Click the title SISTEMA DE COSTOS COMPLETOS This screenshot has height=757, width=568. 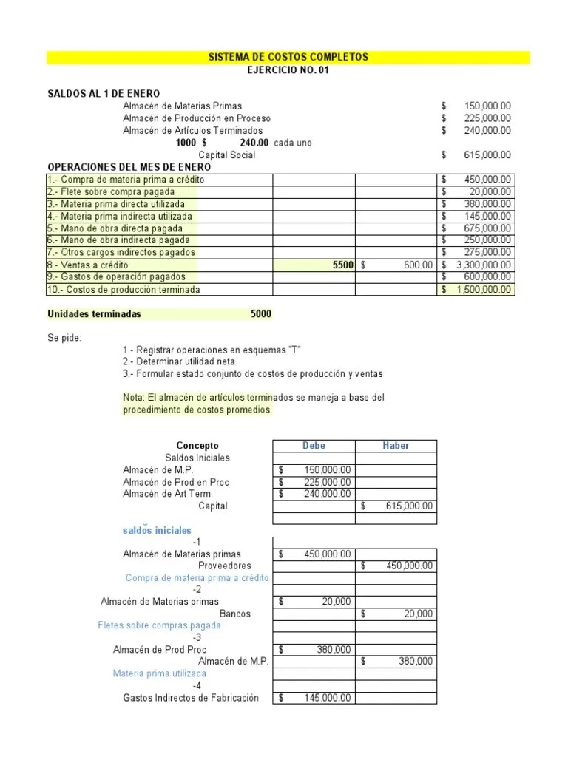[x=288, y=57]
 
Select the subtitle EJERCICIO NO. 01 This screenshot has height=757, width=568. [x=288, y=69]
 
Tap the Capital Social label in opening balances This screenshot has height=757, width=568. [x=227, y=155]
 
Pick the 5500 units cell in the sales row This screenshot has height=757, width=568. [x=343, y=265]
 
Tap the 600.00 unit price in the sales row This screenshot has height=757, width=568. [x=418, y=265]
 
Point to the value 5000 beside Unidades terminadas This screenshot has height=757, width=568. [x=261, y=314]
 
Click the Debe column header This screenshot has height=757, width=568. [x=314, y=446]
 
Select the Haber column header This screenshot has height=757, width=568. [x=396, y=446]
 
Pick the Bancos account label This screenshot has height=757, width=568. [x=235, y=614]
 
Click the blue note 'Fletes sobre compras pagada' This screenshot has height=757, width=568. [x=159, y=625]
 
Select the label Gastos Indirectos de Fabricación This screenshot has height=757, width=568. [x=191, y=698]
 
